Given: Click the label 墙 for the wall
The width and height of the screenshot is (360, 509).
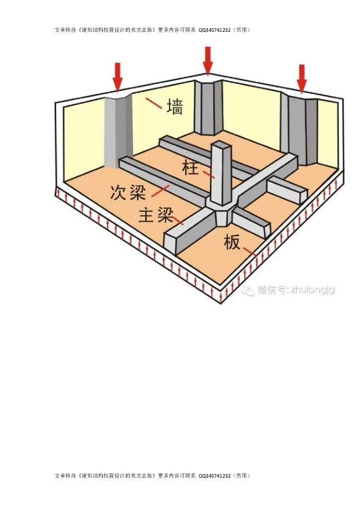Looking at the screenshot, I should [x=174, y=106].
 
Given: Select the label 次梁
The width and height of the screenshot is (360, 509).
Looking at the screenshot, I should [x=128, y=192].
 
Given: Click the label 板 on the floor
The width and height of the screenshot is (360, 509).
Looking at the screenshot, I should [x=232, y=242].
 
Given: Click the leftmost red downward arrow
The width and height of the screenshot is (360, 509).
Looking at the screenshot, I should [x=117, y=77].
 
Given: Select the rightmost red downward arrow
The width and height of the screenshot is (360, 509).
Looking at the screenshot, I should [x=301, y=78].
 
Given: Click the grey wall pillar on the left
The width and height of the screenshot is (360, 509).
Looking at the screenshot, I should [x=118, y=129].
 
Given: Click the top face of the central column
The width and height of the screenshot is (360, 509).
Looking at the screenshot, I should [x=221, y=145].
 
